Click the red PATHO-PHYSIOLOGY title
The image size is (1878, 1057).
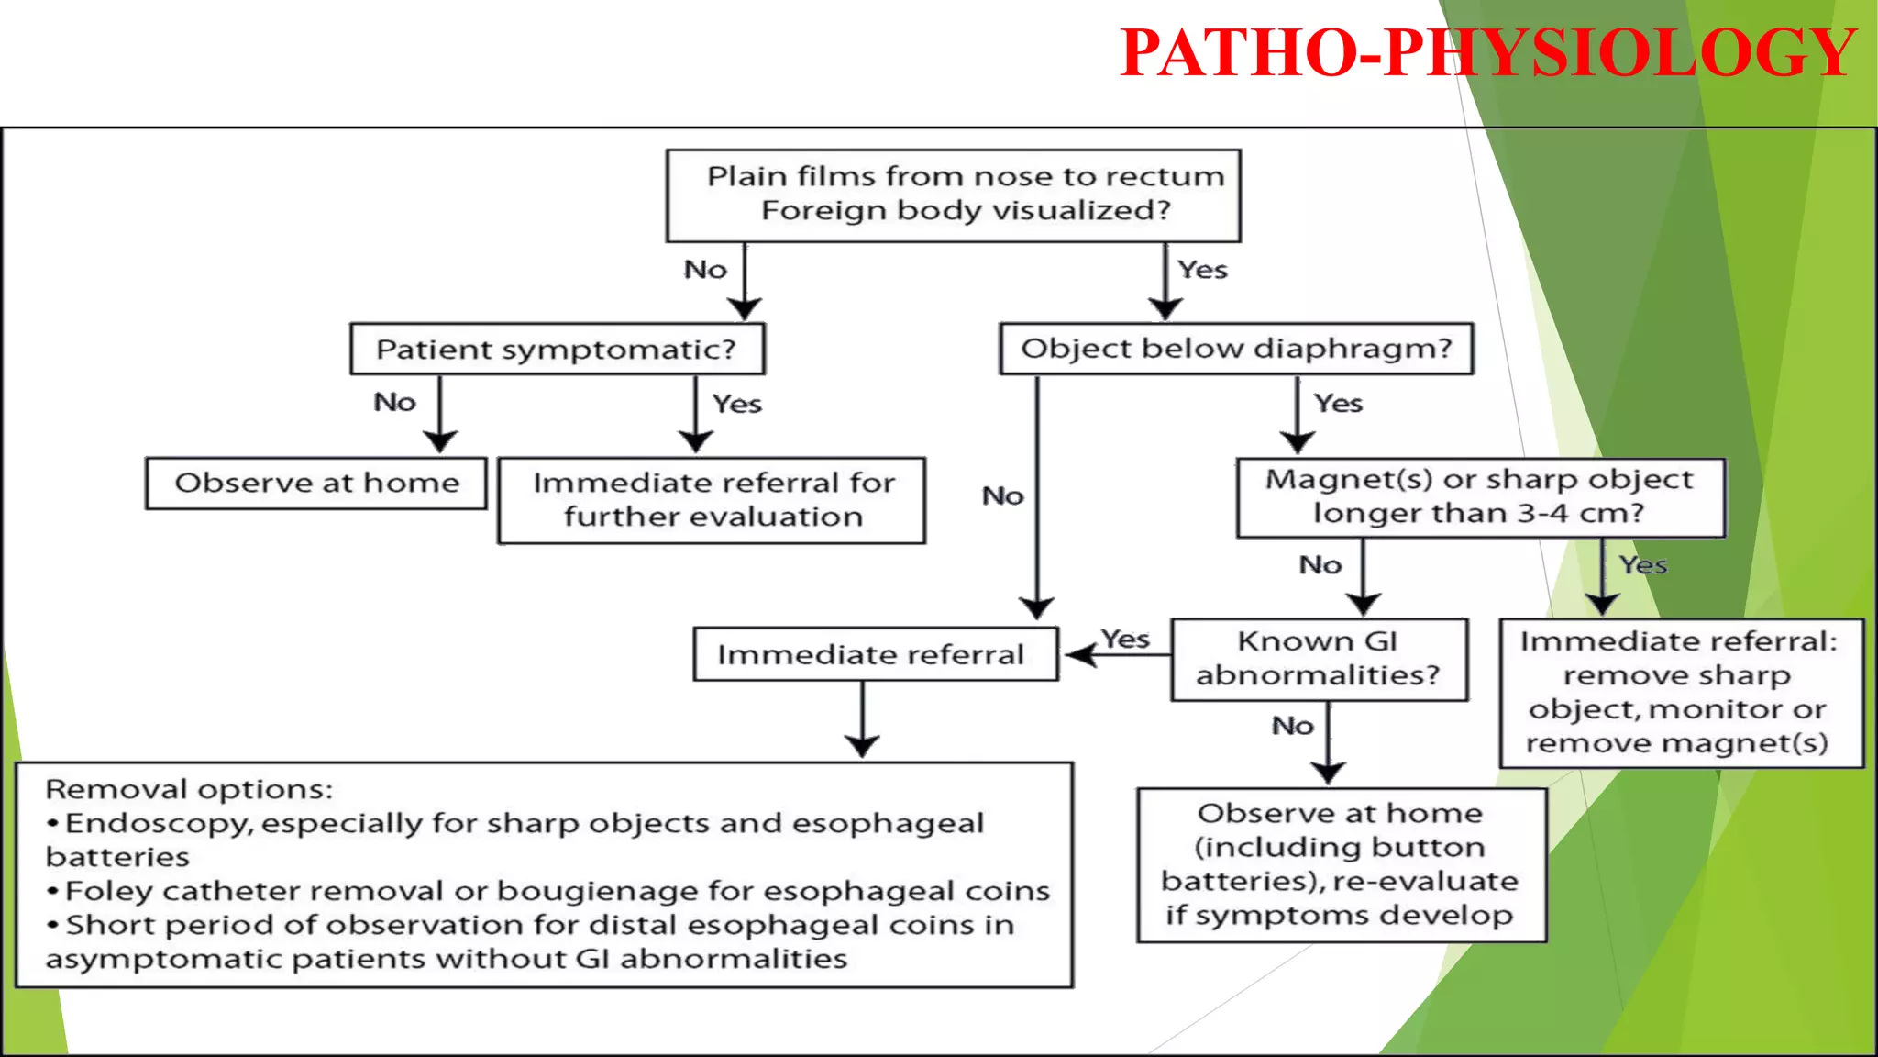tap(1487, 52)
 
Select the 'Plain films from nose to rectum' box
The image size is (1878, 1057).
tap(954, 195)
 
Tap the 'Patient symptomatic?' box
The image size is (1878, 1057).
tap(557, 349)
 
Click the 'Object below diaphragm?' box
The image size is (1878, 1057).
tap(1236, 349)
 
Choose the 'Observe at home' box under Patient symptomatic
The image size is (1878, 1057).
tap(316, 483)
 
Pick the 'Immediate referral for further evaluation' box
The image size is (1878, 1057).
tap(713, 500)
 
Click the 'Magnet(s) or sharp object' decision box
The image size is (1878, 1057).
tap(1480, 497)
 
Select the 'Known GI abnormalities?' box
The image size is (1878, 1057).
tap(1319, 659)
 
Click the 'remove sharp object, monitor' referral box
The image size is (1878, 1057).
tap(1680, 693)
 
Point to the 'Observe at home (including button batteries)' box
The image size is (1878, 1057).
tap(1341, 864)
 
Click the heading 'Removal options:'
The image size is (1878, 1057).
tap(189, 789)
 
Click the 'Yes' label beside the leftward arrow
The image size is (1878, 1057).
tap(1125, 639)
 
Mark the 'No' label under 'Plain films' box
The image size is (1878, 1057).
tap(705, 270)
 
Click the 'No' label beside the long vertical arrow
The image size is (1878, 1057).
tap(1002, 496)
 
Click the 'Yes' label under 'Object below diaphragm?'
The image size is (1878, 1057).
tap(1338, 404)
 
